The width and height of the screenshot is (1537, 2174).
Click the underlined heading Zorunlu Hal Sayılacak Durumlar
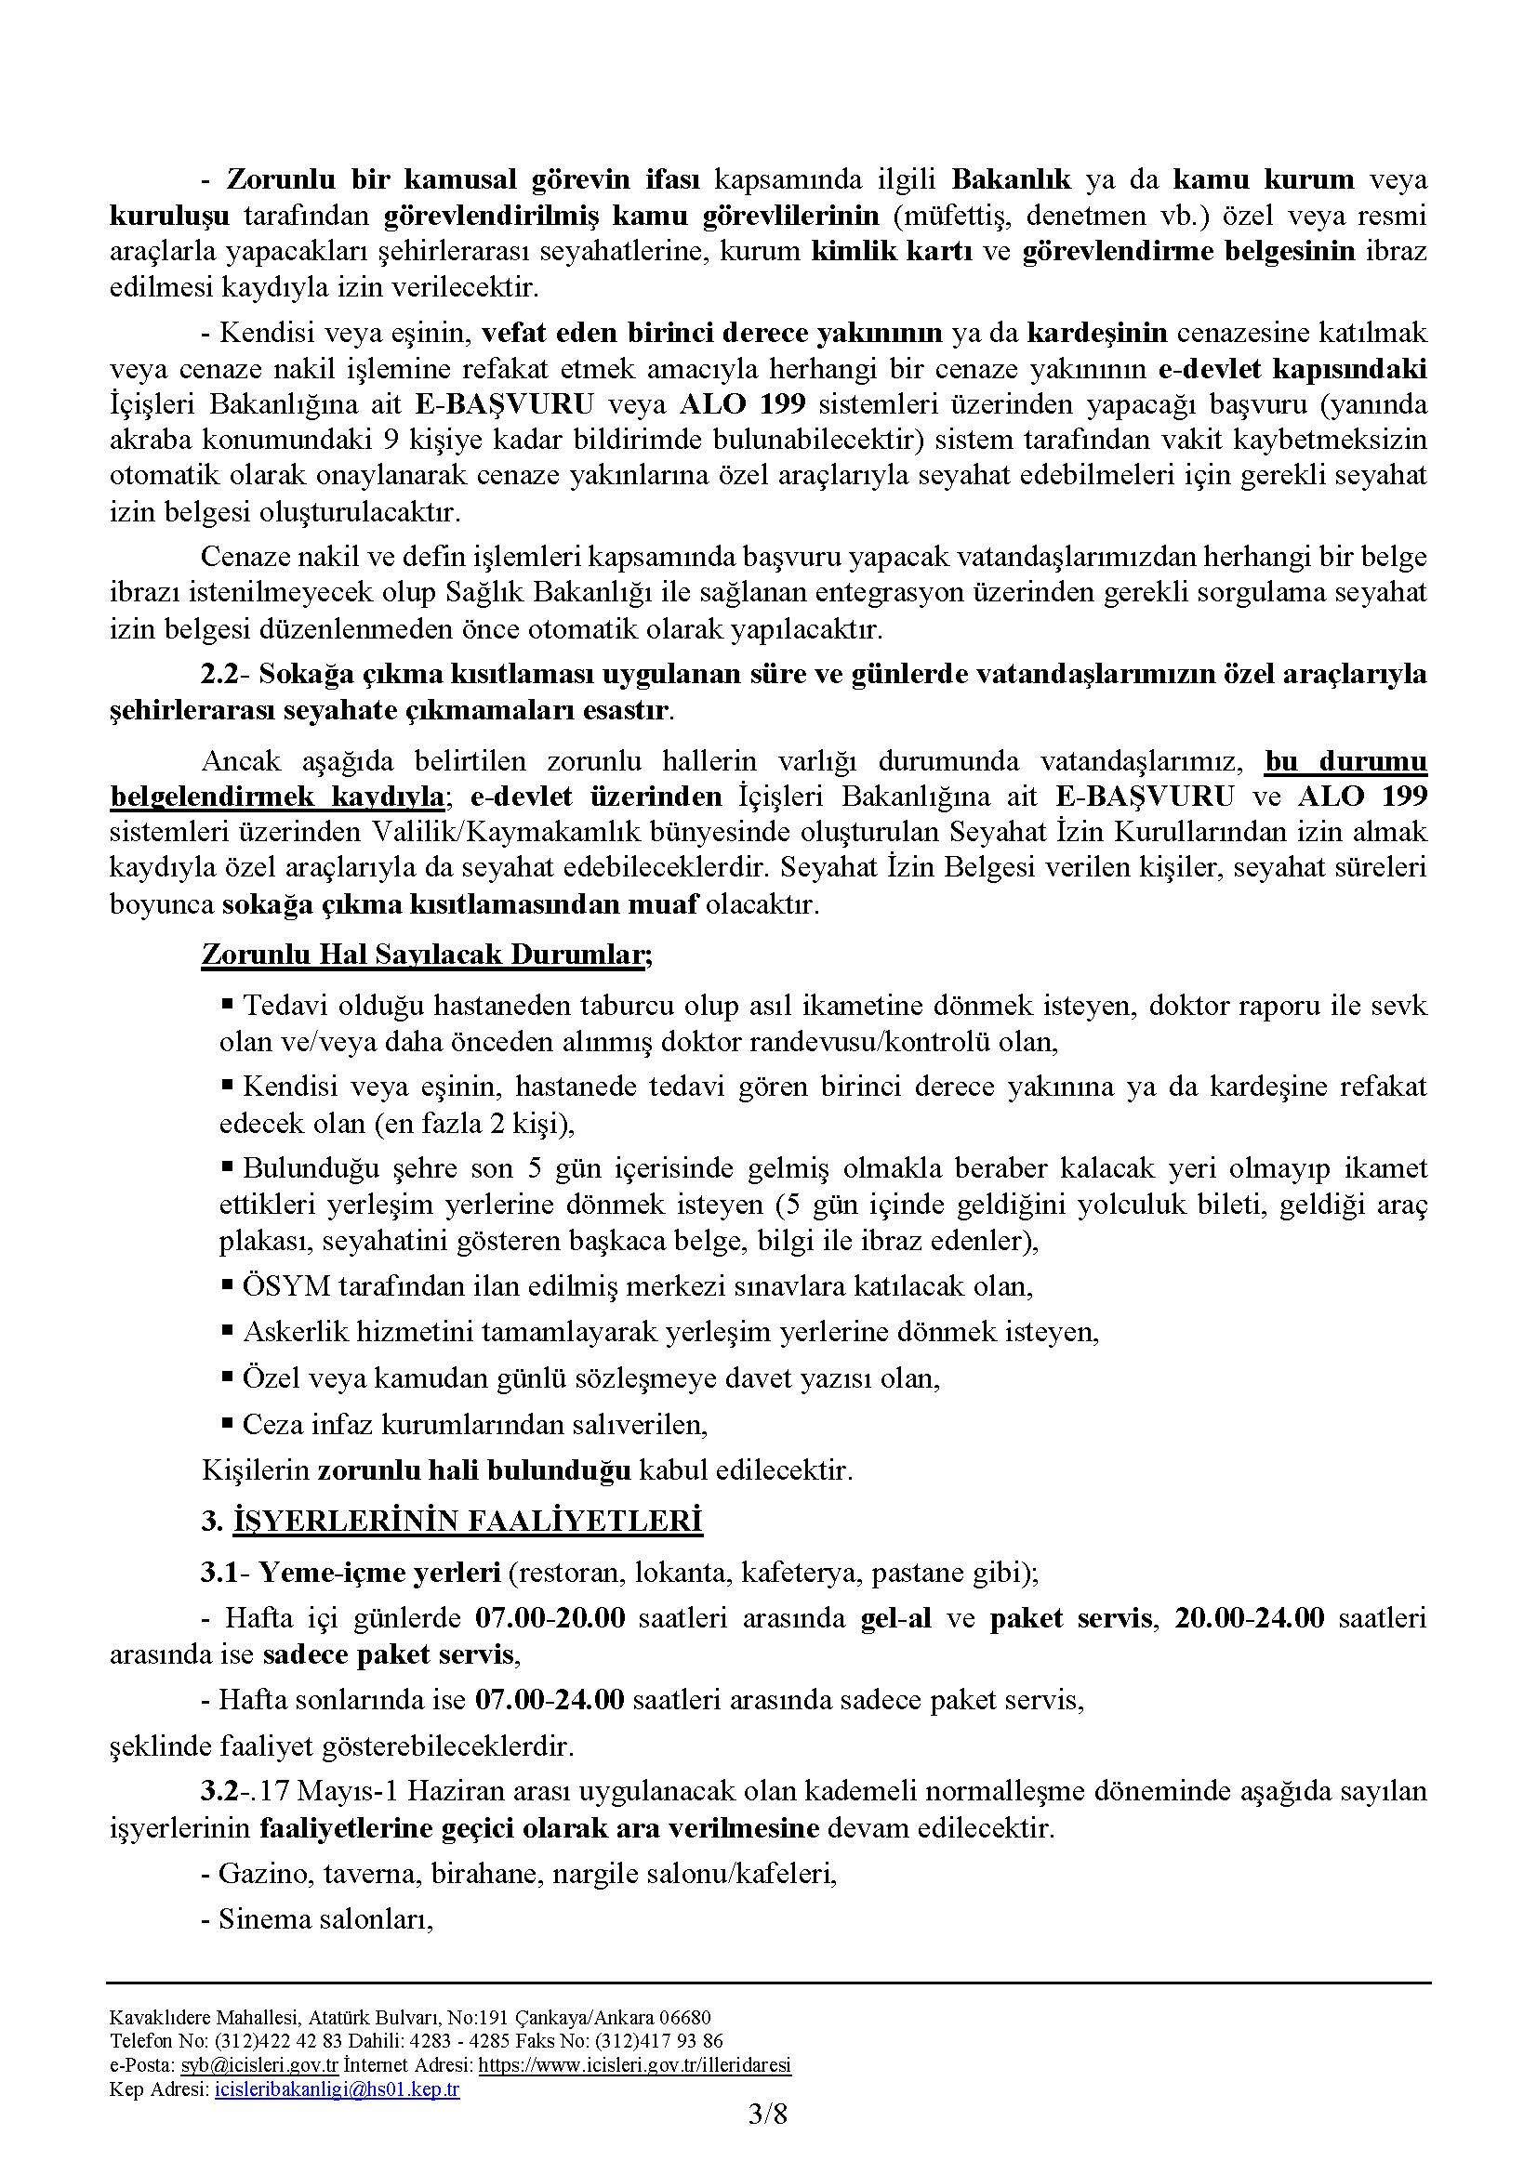click(x=422, y=955)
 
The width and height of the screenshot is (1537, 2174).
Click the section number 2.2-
click(x=223, y=673)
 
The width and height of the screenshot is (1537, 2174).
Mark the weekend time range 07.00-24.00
click(x=550, y=1701)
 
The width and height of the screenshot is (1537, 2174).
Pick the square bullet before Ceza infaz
click(x=227, y=1421)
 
